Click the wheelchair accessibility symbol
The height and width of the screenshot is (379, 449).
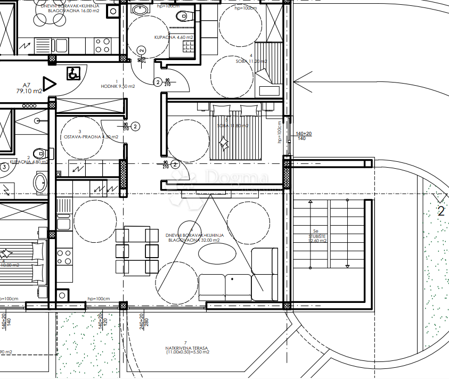tap(73, 73)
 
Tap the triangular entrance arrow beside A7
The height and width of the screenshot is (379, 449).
tap(49, 84)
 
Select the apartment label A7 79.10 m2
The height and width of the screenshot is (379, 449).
tap(29, 87)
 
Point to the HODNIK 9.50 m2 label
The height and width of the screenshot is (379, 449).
tap(118, 86)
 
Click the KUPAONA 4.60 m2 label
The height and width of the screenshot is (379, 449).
tap(174, 37)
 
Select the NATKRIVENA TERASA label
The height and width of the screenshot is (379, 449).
tap(187, 349)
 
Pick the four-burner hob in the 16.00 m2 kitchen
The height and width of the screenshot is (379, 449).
tap(102, 46)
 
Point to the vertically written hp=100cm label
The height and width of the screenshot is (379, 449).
tap(279, 131)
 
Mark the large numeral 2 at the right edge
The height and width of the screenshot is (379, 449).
tap(440, 211)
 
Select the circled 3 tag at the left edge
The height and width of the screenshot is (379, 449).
tap(4, 167)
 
